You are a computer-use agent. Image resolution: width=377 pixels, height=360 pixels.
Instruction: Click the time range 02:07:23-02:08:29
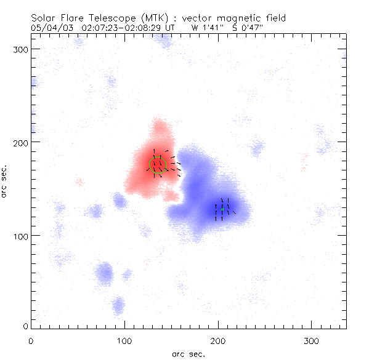(121, 28)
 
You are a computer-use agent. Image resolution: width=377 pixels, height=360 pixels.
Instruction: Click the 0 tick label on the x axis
(31, 340)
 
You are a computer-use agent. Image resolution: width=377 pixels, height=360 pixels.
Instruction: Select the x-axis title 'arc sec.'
(188, 353)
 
